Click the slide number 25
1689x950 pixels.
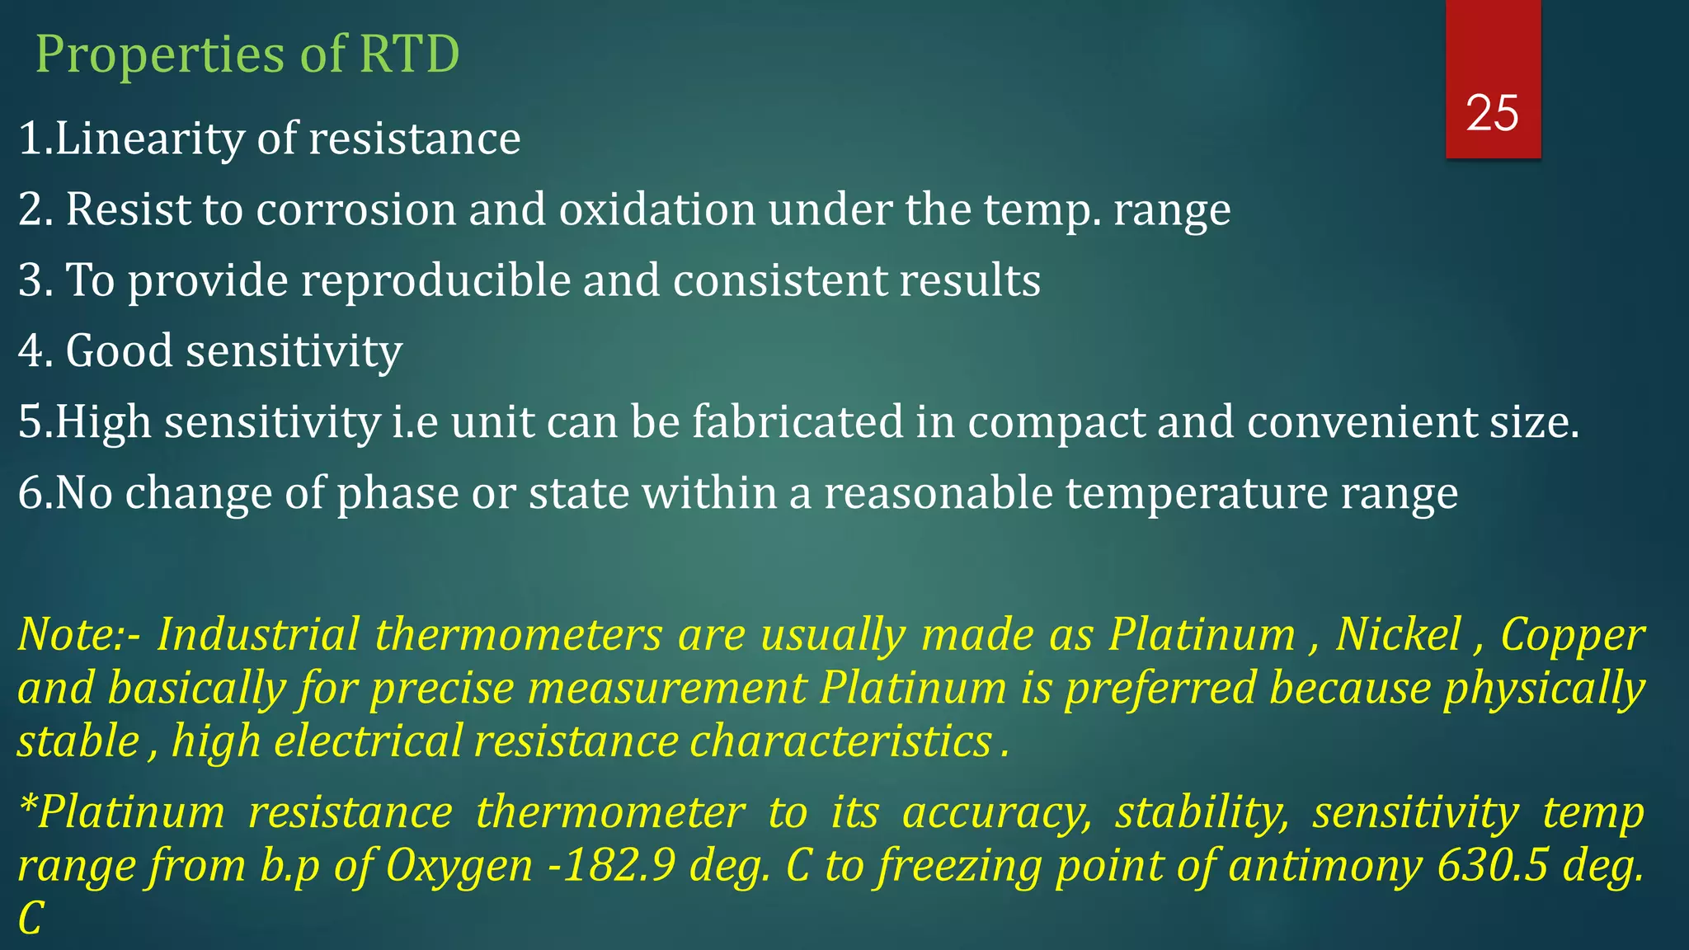coord(1492,113)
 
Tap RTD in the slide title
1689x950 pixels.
coord(409,54)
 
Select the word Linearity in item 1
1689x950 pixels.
coord(149,138)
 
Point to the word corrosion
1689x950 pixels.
coord(355,209)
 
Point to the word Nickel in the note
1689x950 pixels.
coord(1398,634)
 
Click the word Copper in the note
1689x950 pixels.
coord(1572,634)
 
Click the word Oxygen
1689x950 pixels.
coord(459,866)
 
